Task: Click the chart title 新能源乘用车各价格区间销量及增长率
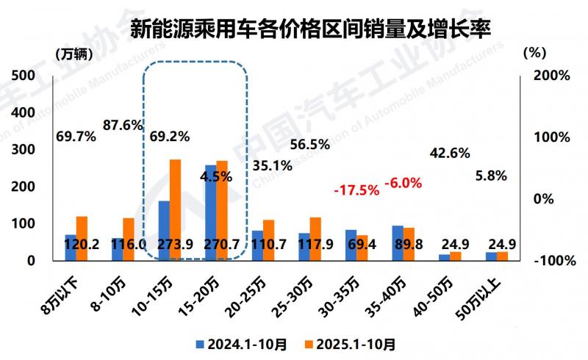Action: pyautogui.click(x=309, y=29)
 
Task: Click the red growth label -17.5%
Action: pyautogui.click(x=356, y=190)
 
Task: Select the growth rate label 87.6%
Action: pyautogui.click(x=122, y=126)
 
